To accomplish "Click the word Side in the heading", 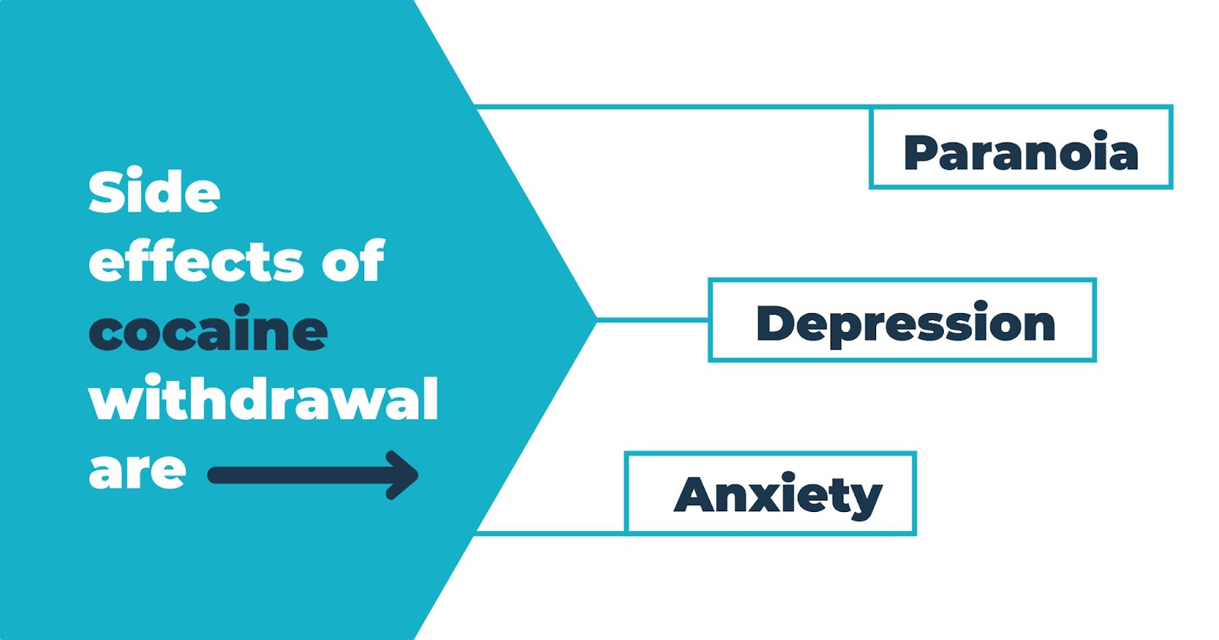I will [x=155, y=192].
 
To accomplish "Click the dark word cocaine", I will [x=208, y=331].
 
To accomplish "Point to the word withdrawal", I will [x=264, y=399].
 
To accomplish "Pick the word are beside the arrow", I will [x=137, y=470].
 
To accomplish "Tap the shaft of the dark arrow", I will [x=297, y=475].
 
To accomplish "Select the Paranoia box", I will [x=1020, y=147].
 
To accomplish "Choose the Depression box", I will [x=901, y=320].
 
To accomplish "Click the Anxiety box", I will [x=769, y=494].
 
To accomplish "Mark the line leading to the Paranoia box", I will [x=670, y=107].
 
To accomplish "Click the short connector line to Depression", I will [x=652, y=320].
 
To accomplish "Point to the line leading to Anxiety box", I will [x=549, y=533].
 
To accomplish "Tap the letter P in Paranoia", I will [x=920, y=152].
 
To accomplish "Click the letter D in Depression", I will [x=774, y=324].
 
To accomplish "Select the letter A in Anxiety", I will [x=695, y=495].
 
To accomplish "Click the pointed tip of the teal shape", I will [x=594, y=319].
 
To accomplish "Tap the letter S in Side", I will [x=104, y=192].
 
